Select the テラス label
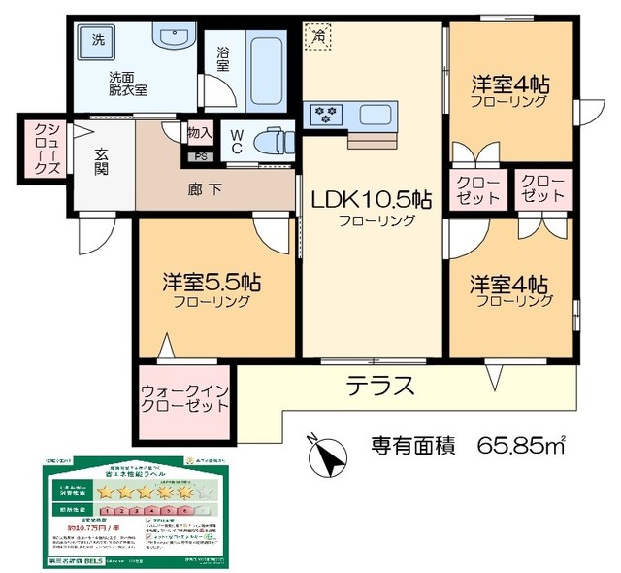pyautogui.click(x=380, y=386)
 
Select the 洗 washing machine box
pyautogui.click(x=98, y=41)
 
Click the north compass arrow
pyautogui.click(x=329, y=454)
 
